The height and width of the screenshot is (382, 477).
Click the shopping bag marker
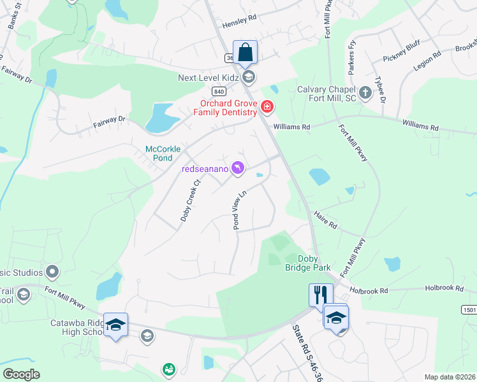pyautogui.click(x=245, y=52)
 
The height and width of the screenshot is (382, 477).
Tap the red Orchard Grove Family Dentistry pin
pyautogui.click(x=267, y=108)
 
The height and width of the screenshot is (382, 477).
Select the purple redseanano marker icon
pyautogui.click(x=238, y=167)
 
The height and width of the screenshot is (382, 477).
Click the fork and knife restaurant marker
pyautogui.click(x=321, y=295)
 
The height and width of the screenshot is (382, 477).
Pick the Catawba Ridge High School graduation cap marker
pyautogui.click(x=115, y=325)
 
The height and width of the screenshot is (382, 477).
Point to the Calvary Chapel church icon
pyautogui.click(x=365, y=94)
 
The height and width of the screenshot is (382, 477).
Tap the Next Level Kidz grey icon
pyautogui.click(x=249, y=78)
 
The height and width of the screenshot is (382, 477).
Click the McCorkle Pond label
pyautogui.click(x=163, y=153)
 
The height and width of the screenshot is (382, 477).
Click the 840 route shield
pyautogui.click(x=218, y=91)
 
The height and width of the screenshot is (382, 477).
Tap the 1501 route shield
pyautogui.click(x=469, y=309)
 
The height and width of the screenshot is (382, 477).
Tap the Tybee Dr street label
pyautogui.click(x=381, y=92)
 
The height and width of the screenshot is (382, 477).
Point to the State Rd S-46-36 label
pyautogui.click(x=307, y=354)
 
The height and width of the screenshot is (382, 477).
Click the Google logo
pyautogui.click(x=22, y=374)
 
